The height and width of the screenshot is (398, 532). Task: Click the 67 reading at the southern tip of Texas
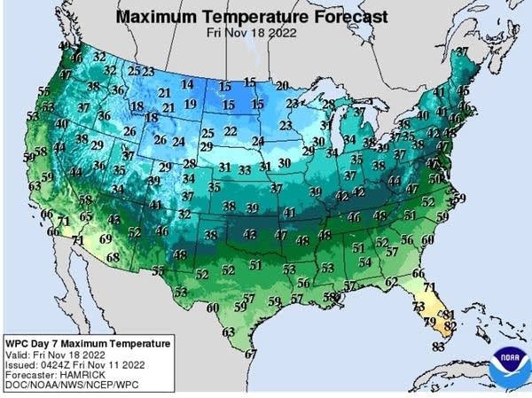pos(251,354)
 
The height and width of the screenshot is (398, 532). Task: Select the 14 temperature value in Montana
pos(186,85)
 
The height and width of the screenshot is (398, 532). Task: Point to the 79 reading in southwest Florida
pos(429,321)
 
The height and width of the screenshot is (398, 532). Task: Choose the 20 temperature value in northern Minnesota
pos(282,86)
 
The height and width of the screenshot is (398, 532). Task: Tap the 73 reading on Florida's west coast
pos(419,306)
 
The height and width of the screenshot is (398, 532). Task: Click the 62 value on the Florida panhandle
pos(391,282)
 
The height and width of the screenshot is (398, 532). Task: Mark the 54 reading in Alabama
pos(364,262)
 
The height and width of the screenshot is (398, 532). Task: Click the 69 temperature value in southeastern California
pos(106,238)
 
